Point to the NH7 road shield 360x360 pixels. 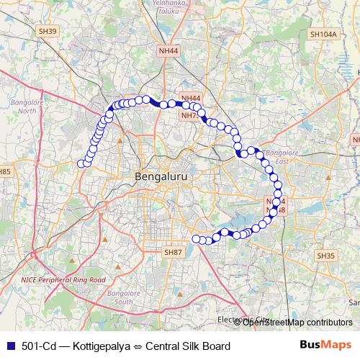pos(189,115)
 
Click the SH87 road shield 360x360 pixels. pos(174,252)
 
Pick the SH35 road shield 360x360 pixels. pos(326,255)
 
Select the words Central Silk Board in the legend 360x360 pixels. pos(188,346)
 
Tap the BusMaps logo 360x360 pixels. pos(325,346)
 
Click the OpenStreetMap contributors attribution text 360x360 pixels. pos(297,323)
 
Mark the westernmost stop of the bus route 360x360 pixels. pos(81,164)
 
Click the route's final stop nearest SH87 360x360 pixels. pos(195,238)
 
